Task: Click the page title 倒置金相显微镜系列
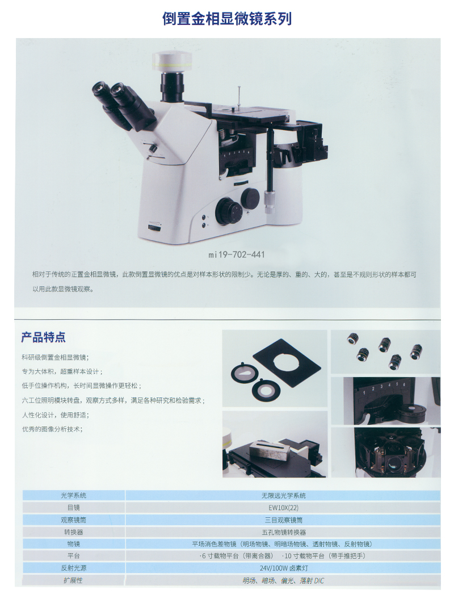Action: (x=227, y=18)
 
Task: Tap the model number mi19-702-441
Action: (x=236, y=254)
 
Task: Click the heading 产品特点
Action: (x=43, y=337)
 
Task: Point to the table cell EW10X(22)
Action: (x=283, y=508)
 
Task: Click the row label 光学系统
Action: (x=73, y=496)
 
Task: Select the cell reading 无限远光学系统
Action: (x=283, y=496)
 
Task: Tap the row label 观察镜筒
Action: (x=73, y=520)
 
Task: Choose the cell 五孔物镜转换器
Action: (x=283, y=532)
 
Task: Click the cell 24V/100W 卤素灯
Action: (x=283, y=568)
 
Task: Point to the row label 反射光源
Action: (x=73, y=568)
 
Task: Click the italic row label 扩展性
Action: (x=73, y=580)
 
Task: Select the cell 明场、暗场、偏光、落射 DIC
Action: (x=283, y=580)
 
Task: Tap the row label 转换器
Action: (x=73, y=532)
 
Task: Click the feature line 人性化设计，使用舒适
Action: (x=55, y=415)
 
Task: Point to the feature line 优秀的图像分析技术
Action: (x=52, y=429)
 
